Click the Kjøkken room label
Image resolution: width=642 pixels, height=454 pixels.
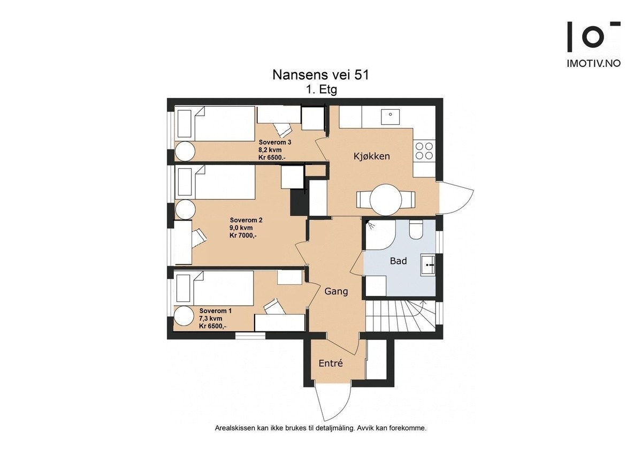coord(371,156)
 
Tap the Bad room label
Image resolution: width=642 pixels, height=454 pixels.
coord(399,261)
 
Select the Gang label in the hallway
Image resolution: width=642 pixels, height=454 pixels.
coord(336,292)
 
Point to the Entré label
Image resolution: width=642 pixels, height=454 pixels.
coord(331,364)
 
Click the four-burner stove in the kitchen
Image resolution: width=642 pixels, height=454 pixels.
coord(424,151)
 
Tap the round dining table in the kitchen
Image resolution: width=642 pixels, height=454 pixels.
coord(386,200)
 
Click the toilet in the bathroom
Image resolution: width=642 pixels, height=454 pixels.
coord(416,229)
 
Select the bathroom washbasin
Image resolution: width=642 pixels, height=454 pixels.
coord(428,265)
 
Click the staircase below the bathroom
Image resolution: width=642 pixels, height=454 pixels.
coord(401,316)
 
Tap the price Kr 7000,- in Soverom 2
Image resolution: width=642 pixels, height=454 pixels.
coord(243,236)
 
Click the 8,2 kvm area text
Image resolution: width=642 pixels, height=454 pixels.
coord(270,150)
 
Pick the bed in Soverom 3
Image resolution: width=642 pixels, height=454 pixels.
coord(215,124)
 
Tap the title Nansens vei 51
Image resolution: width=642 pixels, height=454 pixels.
coord(320,75)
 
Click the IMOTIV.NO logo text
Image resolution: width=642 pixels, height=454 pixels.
coord(594,63)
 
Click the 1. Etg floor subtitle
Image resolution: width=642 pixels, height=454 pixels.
coord(322,90)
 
